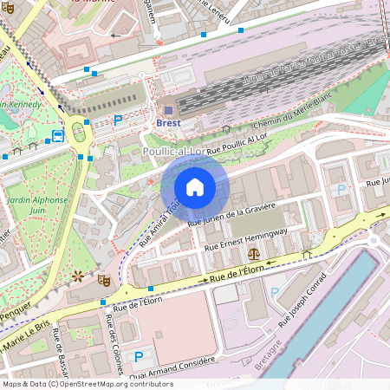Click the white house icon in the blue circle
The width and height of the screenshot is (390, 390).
(x=194, y=187)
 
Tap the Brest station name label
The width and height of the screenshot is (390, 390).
(x=168, y=123)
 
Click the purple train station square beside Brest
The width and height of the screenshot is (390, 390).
(x=167, y=109)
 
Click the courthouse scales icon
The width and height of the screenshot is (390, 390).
(x=253, y=253)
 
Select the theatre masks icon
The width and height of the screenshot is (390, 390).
(x=103, y=279)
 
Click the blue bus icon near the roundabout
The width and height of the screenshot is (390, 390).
(x=57, y=136)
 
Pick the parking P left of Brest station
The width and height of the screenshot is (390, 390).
(x=118, y=120)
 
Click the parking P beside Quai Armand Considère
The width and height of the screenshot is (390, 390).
(x=137, y=356)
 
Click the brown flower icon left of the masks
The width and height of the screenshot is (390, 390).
(x=78, y=276)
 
